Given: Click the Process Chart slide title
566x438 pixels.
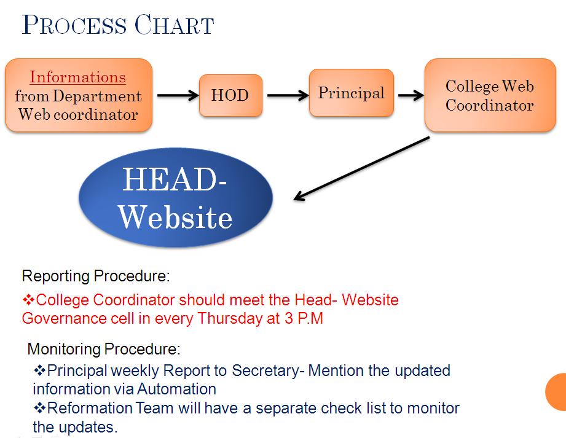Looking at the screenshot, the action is tap(118, 25).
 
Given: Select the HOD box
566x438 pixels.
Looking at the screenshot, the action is tap(230, 95).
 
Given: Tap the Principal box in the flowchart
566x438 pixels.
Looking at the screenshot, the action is tap(352, 93).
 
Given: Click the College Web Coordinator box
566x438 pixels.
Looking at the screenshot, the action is tap(490, 95).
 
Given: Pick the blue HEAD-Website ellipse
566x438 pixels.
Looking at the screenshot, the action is tap(176, 197).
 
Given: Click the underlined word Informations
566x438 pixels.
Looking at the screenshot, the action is tap(77, 77).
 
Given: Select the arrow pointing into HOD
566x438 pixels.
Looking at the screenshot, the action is tap(178, 95).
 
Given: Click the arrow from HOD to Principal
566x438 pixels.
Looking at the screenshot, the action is tap(288, 95).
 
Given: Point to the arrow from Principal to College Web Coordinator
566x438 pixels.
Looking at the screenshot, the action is tap(411, 95).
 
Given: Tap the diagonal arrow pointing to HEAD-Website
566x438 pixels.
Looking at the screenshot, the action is tap(362, 168).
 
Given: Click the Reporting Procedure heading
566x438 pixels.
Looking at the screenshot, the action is tap(96, 276).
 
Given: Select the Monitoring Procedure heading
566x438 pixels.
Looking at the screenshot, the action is tap(104, 349).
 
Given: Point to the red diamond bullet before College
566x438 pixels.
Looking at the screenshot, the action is tap(28, 299).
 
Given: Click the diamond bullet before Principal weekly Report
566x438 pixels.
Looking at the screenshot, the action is tap(40, 370).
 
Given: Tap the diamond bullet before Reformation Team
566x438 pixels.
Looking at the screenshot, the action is tap(40, 408).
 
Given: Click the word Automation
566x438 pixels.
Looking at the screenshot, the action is tap(176, 389).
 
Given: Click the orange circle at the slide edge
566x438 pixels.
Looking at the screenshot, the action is tap(556, 392).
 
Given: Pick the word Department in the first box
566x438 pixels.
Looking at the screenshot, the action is tap(97, 96).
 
